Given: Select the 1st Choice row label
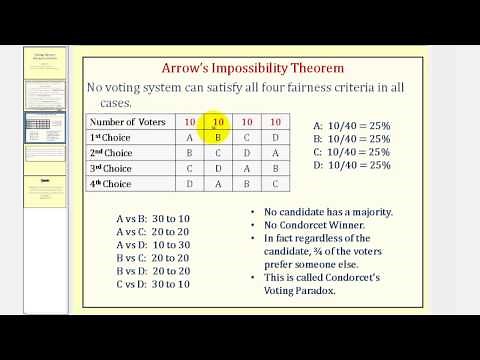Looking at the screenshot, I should pyautogui.click(x=111, y=138).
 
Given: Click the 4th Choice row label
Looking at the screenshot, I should pyautogui.click(x=111, y=184).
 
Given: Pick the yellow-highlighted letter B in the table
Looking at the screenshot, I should pyautogui.click(x=218, y=138).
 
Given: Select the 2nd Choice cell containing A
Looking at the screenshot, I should pyautogui.click(x=276, y=153).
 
